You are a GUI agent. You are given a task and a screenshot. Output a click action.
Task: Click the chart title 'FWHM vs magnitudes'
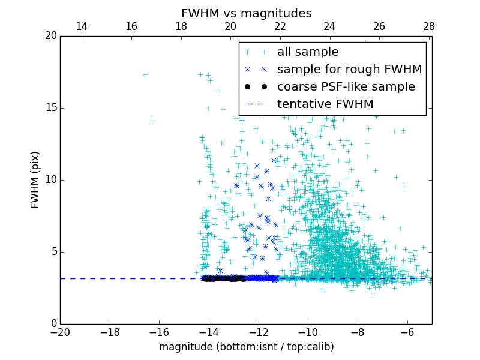pyautogui.click(x=246, y=13)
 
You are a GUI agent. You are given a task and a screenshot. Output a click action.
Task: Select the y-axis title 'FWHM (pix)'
pyautogui.click(x=35, y=180)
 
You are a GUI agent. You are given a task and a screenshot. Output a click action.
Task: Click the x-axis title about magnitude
pyautogui.click(x=246, y=347)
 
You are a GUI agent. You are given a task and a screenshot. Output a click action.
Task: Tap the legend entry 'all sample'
pyautogui.click(x=308, y=52)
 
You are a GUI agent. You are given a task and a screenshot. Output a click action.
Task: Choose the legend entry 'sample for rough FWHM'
pyautogui.click(x=349, y=70)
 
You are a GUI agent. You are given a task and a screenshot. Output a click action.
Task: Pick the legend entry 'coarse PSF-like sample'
pyautogui.click(x=346, y=87)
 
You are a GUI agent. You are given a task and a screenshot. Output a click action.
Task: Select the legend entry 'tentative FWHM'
pyautogui.click(x=325, y=104)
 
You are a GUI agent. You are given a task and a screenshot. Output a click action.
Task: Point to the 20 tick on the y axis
pyautogui.click(x=50, y=36)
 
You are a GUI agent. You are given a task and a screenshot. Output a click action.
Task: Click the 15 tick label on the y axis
pyautogui.click(x=50, y=108)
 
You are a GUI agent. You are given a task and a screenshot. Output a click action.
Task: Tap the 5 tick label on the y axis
pyautogui.click(x=53, y=252)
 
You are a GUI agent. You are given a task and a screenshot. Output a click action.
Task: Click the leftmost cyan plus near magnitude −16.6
pyautogui.click(x=145, y=74)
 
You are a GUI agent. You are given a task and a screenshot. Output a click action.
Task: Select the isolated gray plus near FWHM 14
pyautogui.click(x=152, y=121)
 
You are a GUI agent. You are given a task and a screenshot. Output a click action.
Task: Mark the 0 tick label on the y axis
pyautogui.click(x=53, y=324)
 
